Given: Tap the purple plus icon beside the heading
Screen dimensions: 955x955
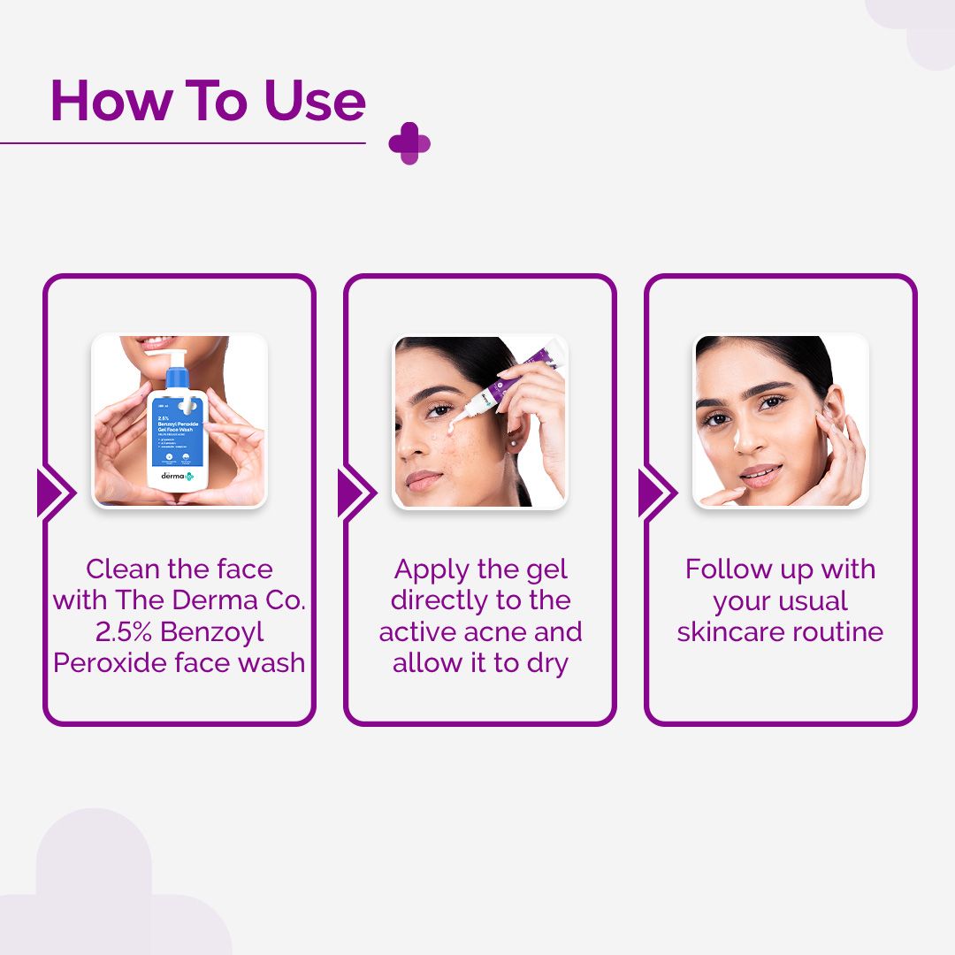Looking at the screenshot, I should tap(409, 143).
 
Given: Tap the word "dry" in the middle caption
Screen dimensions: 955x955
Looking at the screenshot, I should tap(547, 663).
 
